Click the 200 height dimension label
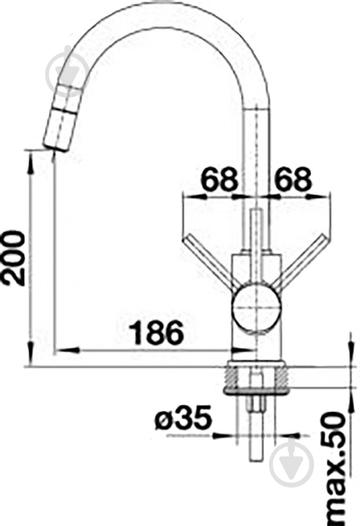[13, 258]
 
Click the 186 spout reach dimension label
[157, 333]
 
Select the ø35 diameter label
[184, 418]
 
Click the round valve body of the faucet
[256, 308]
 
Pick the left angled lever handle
[210, 262]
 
